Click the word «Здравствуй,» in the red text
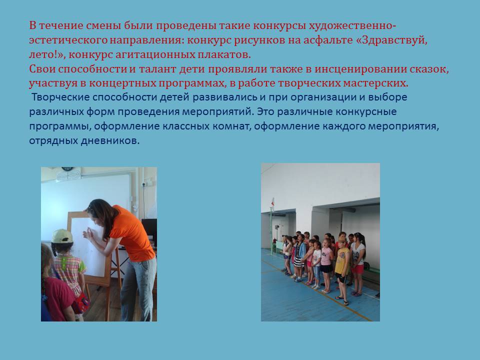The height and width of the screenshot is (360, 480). tap(395, 40)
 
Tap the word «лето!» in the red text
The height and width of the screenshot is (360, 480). tap(46, 54)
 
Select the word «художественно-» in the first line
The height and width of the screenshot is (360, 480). tap(352, 25)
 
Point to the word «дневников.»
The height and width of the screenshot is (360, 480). tap(110, 140)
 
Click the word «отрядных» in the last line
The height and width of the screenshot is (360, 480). tap(53, 141)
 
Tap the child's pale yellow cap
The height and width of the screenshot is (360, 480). tap(62, 236)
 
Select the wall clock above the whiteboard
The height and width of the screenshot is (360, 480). tap(67, 169)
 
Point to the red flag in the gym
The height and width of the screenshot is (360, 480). tap(272, 202)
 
